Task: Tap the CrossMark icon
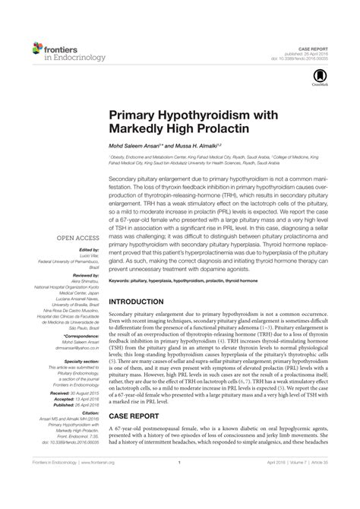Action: (x=322, y=75)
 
